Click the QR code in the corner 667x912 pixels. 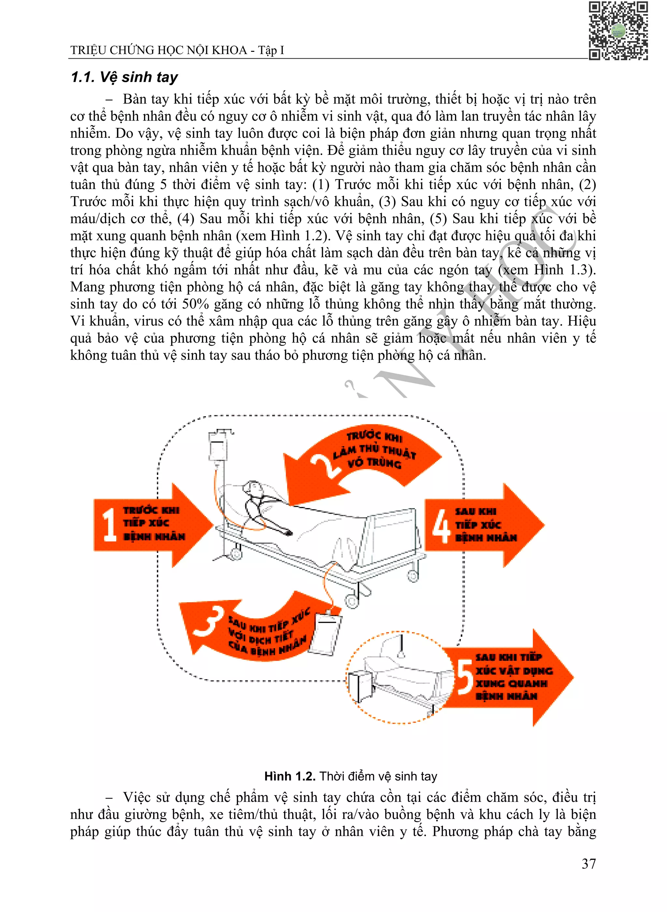pyautogui.click(x=618, y=31)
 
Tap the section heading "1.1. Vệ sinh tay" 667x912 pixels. pyautogui.click(x=124, y=77)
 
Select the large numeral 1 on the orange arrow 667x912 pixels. pyautogui.click(x=109, y=524)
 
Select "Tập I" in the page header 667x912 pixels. pyautogui.click(x=271, y=50)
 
